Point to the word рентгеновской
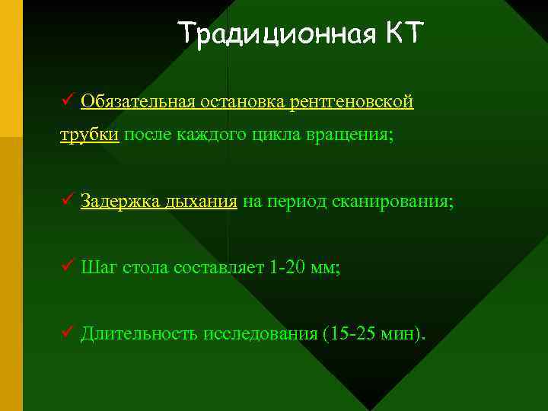pos(355,102)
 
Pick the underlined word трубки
pos(90,135)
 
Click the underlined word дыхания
pos(201,202)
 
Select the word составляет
pos(218,267)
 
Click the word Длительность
pos(139,333)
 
